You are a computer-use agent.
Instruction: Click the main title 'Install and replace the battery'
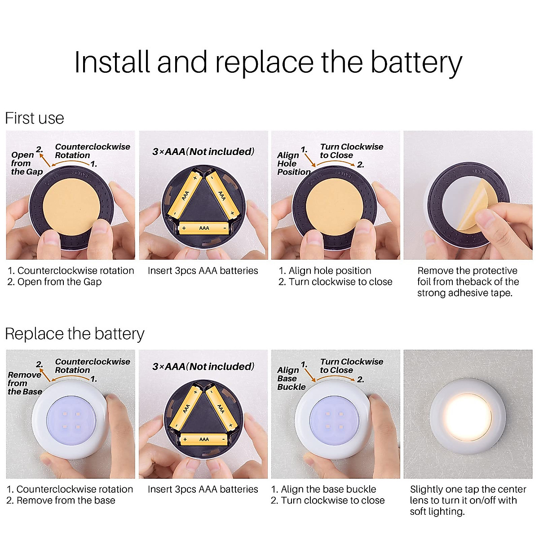[x=268, y=62]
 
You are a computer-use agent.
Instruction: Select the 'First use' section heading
[x=35, y=118]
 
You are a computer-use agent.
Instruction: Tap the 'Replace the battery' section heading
[x=75, y=334]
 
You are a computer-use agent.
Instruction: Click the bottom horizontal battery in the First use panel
[x=204, y=228]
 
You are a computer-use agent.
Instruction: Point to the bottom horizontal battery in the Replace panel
[x=204, y=439]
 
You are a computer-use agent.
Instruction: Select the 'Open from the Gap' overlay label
[x=27, y=163]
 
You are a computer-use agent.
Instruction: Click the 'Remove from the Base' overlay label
[x=25, y=383]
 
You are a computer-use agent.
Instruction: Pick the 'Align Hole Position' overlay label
[x=294, y=163]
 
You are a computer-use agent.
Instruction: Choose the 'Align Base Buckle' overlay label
[x=291, y=379]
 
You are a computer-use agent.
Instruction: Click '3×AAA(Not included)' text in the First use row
[x=203, y=152]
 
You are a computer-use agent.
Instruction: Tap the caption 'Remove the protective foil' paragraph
[x=468, y=282]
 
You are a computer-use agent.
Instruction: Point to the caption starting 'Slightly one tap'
[x=468, y=500]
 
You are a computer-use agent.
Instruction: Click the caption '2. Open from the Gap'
[x=54, y=282]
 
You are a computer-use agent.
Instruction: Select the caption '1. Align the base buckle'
[x=324, y=489]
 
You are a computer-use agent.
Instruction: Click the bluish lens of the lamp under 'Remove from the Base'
[x=71, y=420]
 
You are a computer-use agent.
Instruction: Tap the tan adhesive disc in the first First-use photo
[x=71, y=207]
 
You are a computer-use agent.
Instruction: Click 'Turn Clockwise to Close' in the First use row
[x=352, y=151]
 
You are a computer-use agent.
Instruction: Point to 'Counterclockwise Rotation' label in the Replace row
[x=93, y=366]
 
